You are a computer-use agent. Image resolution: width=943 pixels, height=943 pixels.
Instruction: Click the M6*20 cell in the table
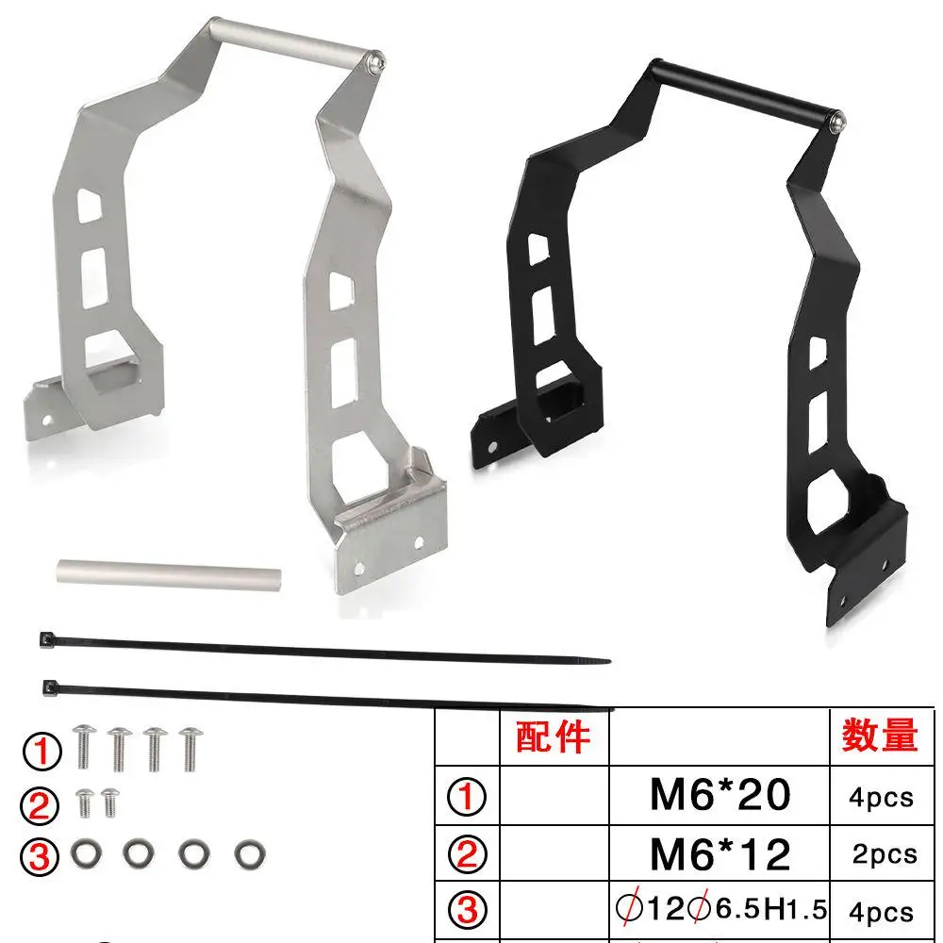[720, 795]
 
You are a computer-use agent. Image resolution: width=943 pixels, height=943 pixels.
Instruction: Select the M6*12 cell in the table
[720, 853]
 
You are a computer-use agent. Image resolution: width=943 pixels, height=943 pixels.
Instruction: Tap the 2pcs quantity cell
[885, 854]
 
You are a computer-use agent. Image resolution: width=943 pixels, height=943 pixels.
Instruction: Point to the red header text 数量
[879, 735]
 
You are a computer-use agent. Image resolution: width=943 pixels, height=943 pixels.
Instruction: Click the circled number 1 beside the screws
[42, 752]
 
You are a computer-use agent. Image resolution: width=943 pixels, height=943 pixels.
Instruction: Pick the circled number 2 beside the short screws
[40, 805]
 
